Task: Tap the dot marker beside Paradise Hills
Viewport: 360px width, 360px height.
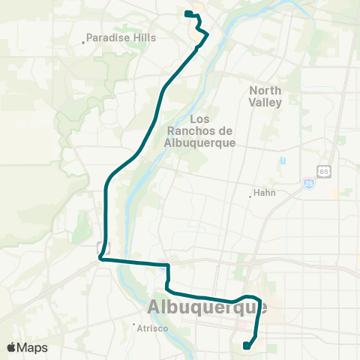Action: click(x=83, y=42)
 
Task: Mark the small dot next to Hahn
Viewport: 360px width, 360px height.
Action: click(x=250, y=197)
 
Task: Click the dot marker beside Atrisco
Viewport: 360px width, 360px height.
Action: click(x=133, y=325)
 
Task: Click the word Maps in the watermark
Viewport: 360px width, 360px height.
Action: click(x=33, y=347)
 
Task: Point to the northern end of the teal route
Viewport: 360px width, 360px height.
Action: click(x=186, y=13)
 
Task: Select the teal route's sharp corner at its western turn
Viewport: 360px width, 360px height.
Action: click(x=100, y=259)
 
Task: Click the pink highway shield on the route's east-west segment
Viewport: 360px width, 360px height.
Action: click(x=162, y=263)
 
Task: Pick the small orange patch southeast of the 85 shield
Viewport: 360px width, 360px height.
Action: click(x=334, y=193)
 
